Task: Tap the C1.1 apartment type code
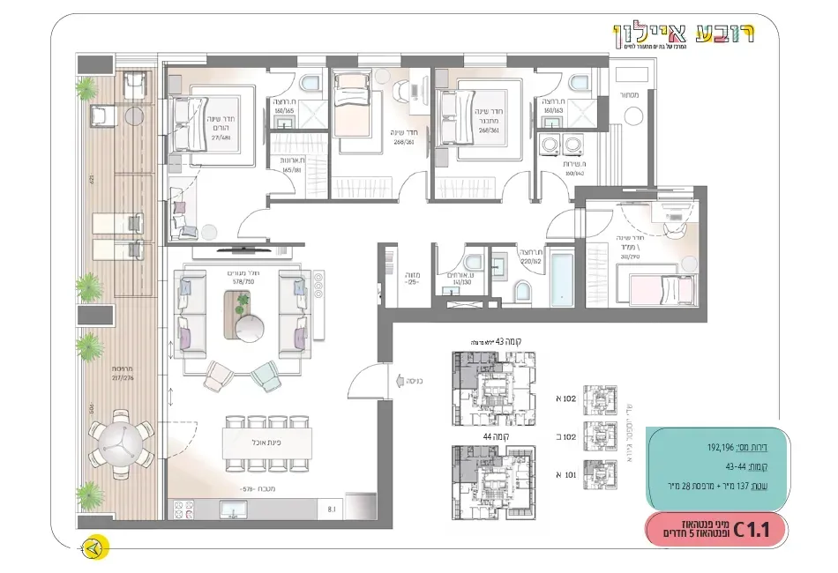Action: (x=752, y=530)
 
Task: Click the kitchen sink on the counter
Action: (x=232, y=510)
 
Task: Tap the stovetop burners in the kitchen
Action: (x=186, y=510)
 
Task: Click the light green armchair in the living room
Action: (x=266, y=377)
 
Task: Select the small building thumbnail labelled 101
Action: (x=603, y=473)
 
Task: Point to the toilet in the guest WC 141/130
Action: (x=472, y=262)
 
